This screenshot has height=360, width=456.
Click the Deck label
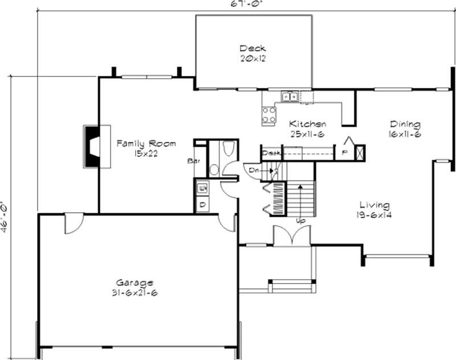pyautogui.click(x=252, y=48)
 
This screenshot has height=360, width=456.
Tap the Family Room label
pyautogui.click(x=146, y=143)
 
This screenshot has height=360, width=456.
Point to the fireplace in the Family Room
pyautogui.click(x=91, y=146)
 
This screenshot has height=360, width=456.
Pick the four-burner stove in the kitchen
pyautogui.click(x=268, y=116)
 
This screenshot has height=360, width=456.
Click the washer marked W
pyautogui.click(x=202, y=187)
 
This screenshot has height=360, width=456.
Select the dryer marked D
pyautogui.click(x=202, y=204)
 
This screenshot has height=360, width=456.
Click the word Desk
pyautogui.click(x=271, y=152)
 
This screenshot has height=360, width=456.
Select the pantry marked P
pyautogui.click(x=344, y=152)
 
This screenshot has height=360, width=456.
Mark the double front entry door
pyautogui.click(x=291, y=236)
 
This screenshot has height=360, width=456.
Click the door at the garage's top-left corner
pyautogui.click(x=74, y=224)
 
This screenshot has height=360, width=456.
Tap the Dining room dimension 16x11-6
pyautogui.click(x=405, y=135)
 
